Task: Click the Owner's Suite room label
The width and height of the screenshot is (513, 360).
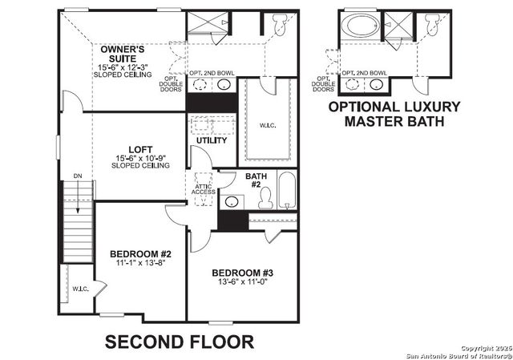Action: click(123, 55)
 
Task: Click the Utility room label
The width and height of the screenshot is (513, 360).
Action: click(212, 140)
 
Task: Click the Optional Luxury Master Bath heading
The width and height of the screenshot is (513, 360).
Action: click(394, 114)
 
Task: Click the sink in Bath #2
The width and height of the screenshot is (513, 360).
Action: click(232, 200)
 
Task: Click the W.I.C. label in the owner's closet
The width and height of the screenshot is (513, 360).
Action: click(267, 124)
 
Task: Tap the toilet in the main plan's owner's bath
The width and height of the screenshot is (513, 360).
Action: click(279, 26)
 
